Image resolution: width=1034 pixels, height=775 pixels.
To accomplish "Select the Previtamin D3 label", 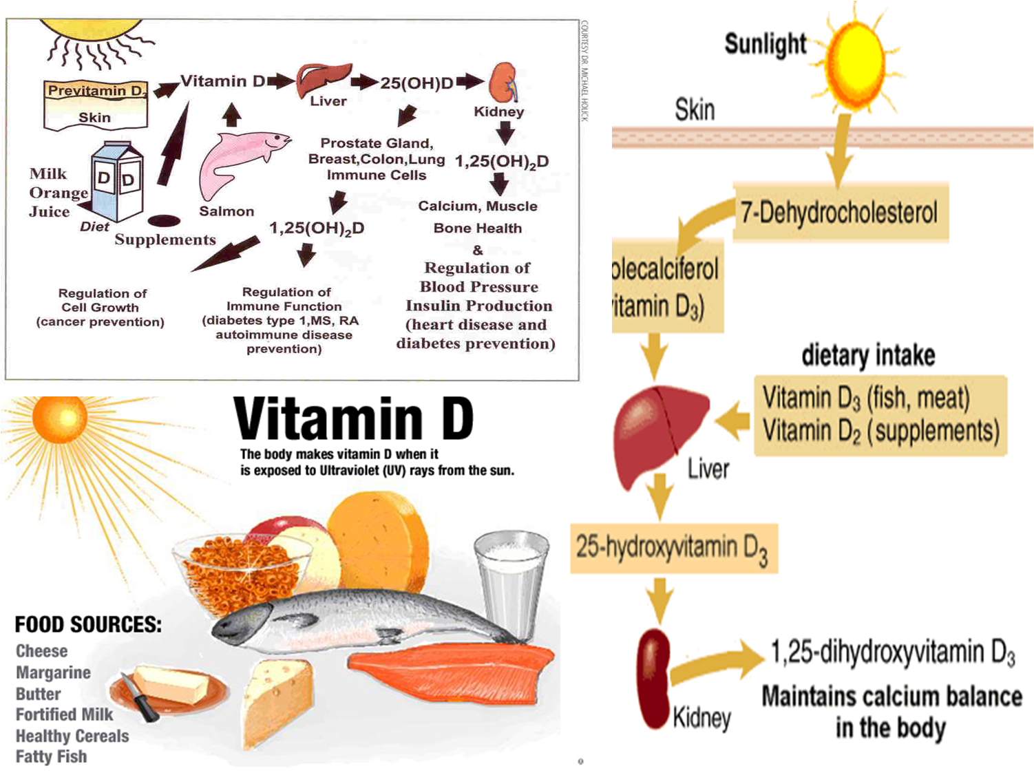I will tap(96, 91).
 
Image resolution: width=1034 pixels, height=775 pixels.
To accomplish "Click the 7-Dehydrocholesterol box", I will tap(840, 212).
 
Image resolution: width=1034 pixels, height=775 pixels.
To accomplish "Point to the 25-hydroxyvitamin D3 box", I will tap(673, 548).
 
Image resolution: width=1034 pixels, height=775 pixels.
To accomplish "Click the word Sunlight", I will tap(765, 44).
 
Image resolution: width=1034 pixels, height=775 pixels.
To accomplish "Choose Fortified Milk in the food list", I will tap(64, 714).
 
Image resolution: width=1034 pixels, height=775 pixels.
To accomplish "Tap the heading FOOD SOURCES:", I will tap(88, 624).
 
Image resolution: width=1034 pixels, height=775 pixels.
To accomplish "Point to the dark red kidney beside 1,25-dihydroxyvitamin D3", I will tap(653, 678).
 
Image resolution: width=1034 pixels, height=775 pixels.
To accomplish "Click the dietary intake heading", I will tap(868, 355).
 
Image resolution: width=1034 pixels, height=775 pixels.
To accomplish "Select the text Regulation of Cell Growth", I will tap(101, 307).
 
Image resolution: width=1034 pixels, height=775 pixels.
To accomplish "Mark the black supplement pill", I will tap(164, 220).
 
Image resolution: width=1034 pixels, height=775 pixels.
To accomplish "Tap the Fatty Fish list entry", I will tap(52, 756).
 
